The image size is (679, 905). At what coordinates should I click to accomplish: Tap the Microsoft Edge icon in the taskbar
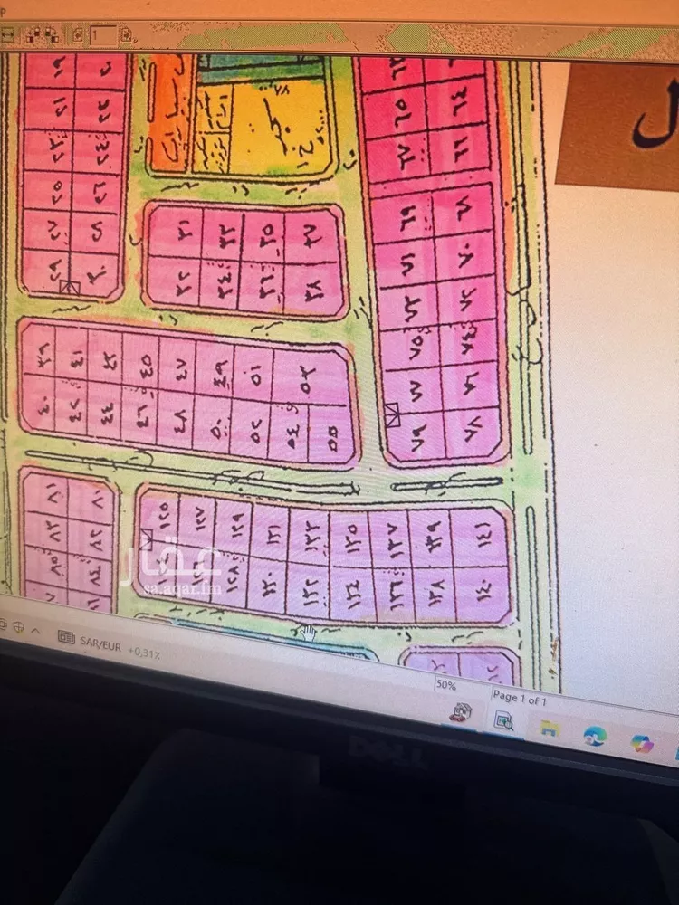click(x=594, y=735)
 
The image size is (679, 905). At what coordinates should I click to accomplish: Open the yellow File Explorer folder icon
click(x=548, y=728)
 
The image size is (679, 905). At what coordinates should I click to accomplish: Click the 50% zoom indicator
click(x=445, y=686)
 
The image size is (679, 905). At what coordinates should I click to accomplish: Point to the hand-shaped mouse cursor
click(x=308, y=632)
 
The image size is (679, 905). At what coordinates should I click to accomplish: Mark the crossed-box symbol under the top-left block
click(x=70, y=288)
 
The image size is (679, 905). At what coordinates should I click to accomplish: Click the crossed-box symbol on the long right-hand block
click(x=392, y=414)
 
